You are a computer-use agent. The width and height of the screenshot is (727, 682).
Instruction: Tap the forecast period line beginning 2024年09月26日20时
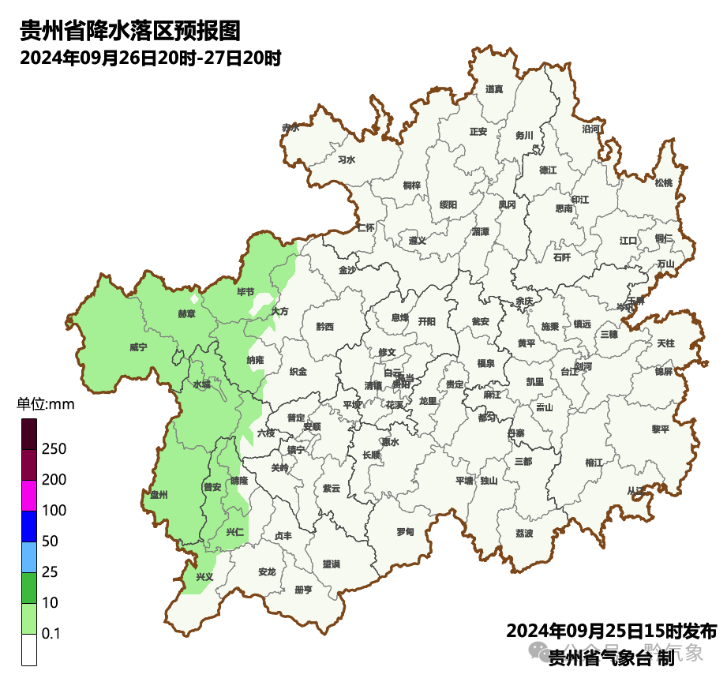pyautogui.click(x=151, y=58)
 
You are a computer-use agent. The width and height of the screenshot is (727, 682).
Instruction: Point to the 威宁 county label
pyautogui.click(x=138, y=347)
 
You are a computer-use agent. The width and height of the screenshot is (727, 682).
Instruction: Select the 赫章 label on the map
pyautogui.click(x=187, y=314)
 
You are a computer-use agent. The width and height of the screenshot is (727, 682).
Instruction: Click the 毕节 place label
pyautogui.click(x=246, y=292)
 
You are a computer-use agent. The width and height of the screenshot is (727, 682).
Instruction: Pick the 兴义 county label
pyautogui.click(x=205, y=577)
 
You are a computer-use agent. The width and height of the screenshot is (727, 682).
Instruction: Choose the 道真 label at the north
pyautogui.click(x=494, y=89)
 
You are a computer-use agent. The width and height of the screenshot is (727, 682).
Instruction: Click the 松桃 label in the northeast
pyautogui.click(x=664, y=183)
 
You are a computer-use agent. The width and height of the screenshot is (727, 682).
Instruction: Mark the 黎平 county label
pyautogui.click(x=660, y=429)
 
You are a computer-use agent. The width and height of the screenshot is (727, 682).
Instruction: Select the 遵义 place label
pyautogui.click(x=418, y=241)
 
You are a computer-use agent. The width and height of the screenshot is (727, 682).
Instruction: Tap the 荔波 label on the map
pyautogui.click(x=524, y=534)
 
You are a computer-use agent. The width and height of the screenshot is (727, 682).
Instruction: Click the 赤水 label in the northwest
pyautogui.click(x=290, y=127)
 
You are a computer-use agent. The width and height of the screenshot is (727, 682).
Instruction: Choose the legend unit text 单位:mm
pyautogui.click(x=46, y=405)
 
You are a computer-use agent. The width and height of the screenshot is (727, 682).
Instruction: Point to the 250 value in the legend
pyautogui.click(x=54, y=449)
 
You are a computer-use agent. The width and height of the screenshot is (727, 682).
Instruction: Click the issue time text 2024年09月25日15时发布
pyautogui.click(x=611, y=631)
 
